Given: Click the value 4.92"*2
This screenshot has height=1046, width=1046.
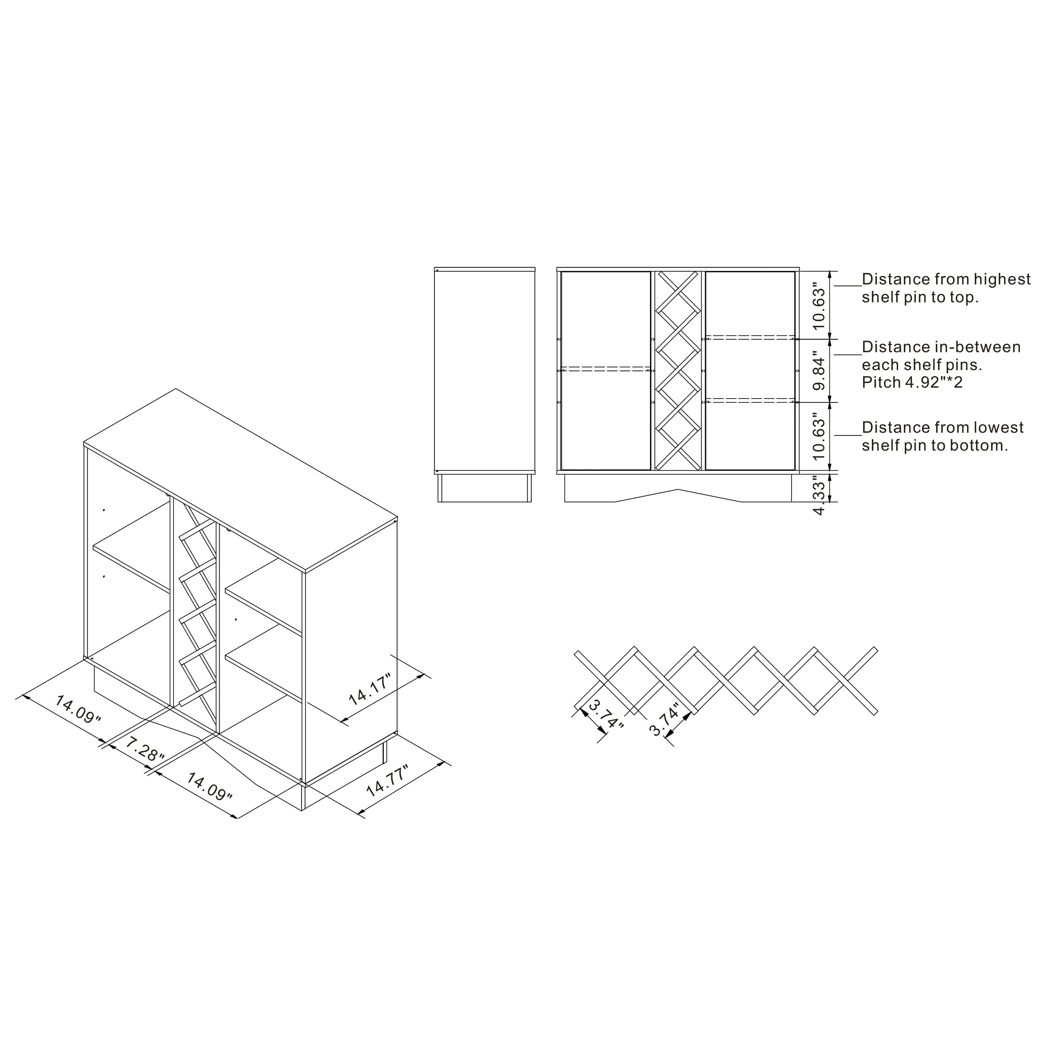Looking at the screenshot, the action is (934, 383).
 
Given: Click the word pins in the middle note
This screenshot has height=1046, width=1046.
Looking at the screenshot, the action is (962, 365).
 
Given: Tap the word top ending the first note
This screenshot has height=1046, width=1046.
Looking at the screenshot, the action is (963, 297).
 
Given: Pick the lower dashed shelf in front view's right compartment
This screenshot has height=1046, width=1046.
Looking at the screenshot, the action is (750, 401).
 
